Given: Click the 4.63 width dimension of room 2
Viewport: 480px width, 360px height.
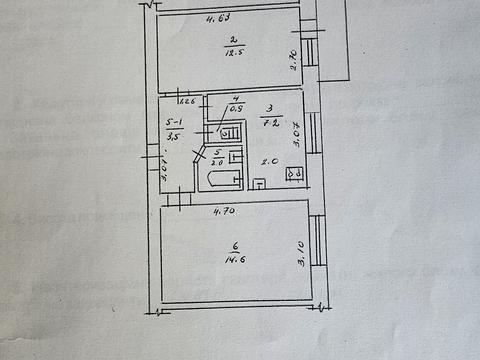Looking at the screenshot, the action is click(219, 18).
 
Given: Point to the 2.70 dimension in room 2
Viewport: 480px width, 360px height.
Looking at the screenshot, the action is click(293, 61).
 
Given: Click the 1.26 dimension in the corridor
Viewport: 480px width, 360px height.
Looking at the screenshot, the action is click(186, 100).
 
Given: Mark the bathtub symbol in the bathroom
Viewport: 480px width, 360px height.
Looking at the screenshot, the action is click(220, 179).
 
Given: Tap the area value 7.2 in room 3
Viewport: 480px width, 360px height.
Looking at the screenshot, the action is click(269, 123).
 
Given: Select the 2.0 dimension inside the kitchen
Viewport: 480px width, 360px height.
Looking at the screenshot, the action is click(268, 162).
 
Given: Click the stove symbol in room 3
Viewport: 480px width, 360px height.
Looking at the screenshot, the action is click(295, 173).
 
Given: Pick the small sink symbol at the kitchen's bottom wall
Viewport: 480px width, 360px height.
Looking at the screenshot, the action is click(257, 183).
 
